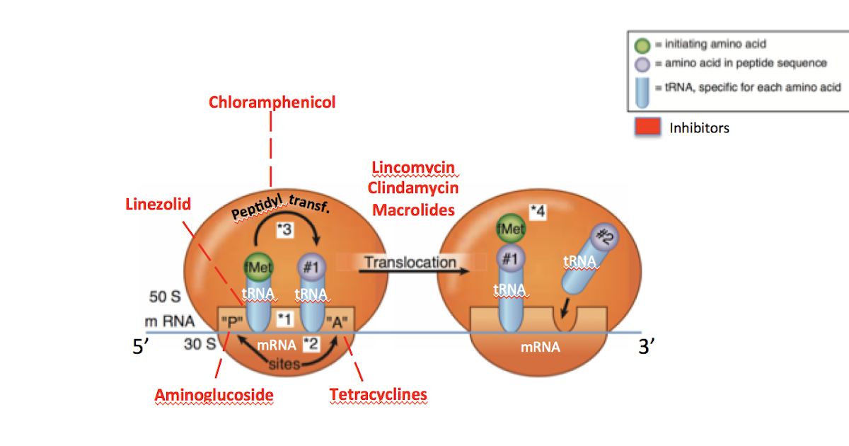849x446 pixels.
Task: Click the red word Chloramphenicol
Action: point(272,102)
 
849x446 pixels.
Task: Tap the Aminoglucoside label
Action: point(214,394)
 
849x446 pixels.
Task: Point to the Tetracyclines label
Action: point(378,394)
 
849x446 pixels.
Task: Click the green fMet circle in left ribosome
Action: point(258,267)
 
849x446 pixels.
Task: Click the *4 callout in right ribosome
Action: point(540,210)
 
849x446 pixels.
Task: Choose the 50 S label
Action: point(164,296)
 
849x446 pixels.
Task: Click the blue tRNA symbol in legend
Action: point(642,88)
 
